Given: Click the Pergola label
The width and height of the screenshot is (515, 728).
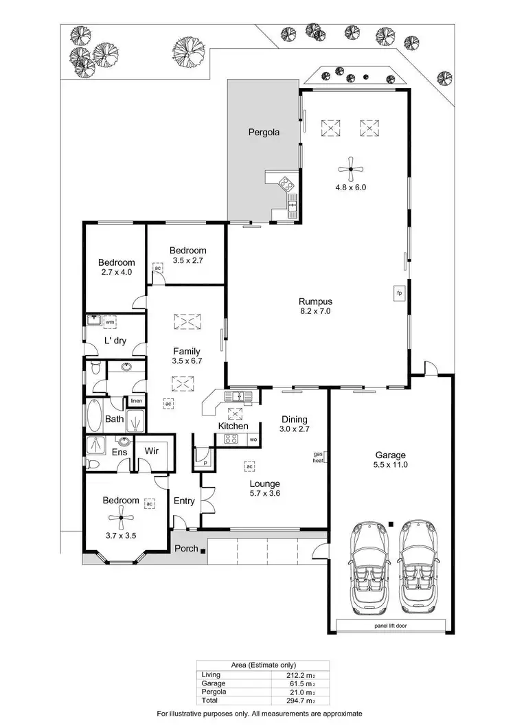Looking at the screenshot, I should [x=264, y=133].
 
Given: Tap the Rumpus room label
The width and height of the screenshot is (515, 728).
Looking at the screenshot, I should [x=315, y=301].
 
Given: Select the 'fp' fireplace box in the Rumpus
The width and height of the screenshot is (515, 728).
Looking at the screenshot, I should [x=398, y=293].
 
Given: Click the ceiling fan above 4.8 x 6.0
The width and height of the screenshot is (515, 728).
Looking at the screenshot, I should [x=351, y=167].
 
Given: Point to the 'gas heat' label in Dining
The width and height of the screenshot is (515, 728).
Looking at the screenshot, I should [x=318, y=457].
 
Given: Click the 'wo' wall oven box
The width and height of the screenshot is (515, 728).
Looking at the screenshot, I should [x=253, y=440].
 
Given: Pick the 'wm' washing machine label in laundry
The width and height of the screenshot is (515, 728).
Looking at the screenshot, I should [x=110, y=321].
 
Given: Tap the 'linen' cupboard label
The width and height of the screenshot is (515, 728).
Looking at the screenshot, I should [x=136, y=401].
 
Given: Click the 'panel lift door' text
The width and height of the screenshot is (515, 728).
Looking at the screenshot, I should [x=391, y=626].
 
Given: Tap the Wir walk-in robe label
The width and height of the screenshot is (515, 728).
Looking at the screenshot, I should [x=150, y=452].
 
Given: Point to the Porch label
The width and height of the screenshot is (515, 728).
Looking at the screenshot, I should [x=186, y=548].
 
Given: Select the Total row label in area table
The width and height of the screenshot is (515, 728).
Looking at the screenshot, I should [x=210, y=701].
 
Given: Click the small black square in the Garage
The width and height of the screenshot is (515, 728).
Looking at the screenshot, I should [x=391, y=524].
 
